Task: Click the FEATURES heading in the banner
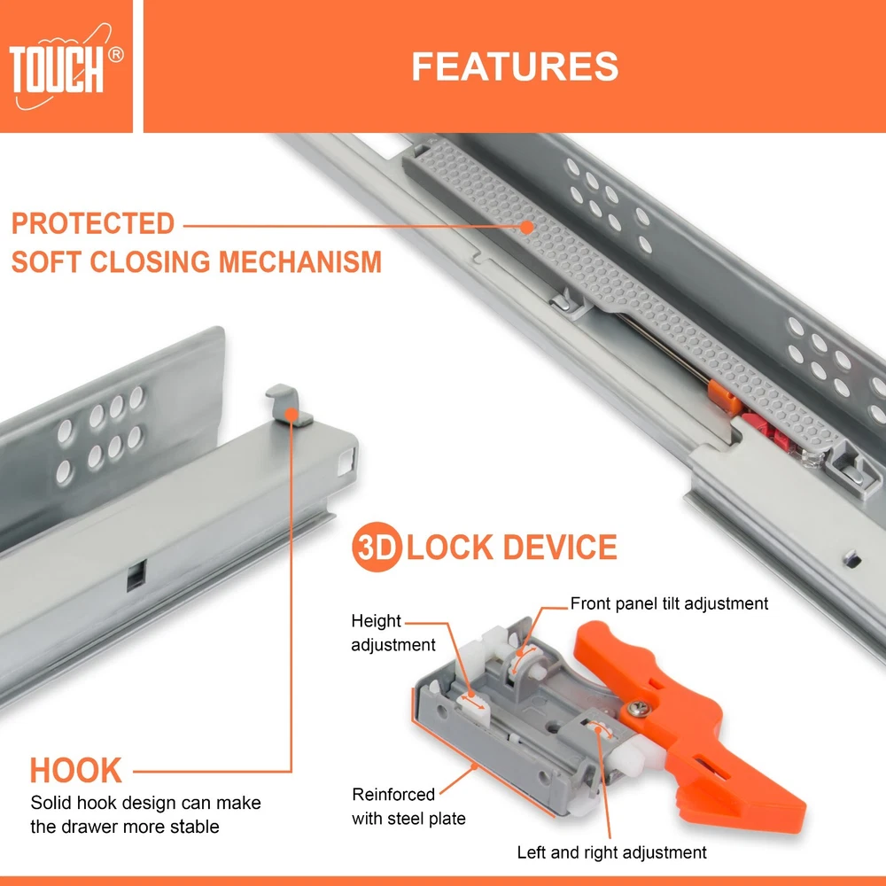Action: click(515, 66)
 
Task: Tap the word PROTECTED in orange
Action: click(93, 223)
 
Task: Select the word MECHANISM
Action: click(300, 262)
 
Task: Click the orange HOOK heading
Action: click(75, 770)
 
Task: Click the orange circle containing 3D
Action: click(377, 547)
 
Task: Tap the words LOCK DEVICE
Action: click(511, 547)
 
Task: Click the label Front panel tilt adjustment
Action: click(669, 603)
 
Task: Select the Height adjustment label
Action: click(392, 633)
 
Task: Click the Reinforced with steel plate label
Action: click(408, 806)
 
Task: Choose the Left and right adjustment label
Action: click(611, 852)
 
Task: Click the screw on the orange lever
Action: click(639, 708)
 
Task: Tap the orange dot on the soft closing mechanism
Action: click(526, 227)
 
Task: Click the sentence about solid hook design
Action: click(145, 814)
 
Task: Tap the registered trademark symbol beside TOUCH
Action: click(115, 55)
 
